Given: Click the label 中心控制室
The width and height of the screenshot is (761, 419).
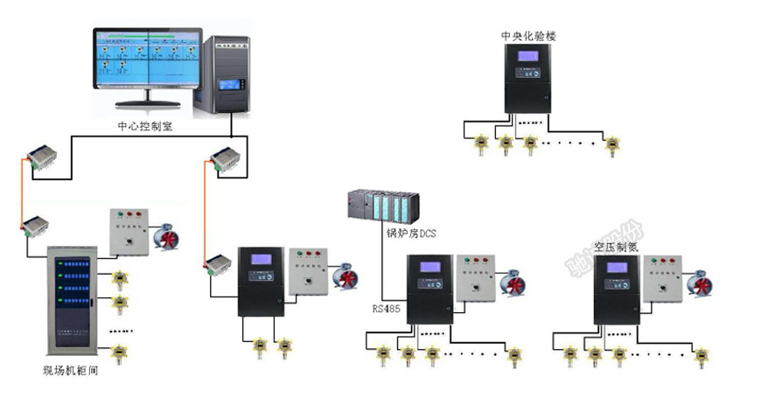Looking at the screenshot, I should pos(148,125).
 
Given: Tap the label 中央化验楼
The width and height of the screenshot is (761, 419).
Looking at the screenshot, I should pos(528,36).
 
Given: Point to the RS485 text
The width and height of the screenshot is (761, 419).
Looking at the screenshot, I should pos(385,308).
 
